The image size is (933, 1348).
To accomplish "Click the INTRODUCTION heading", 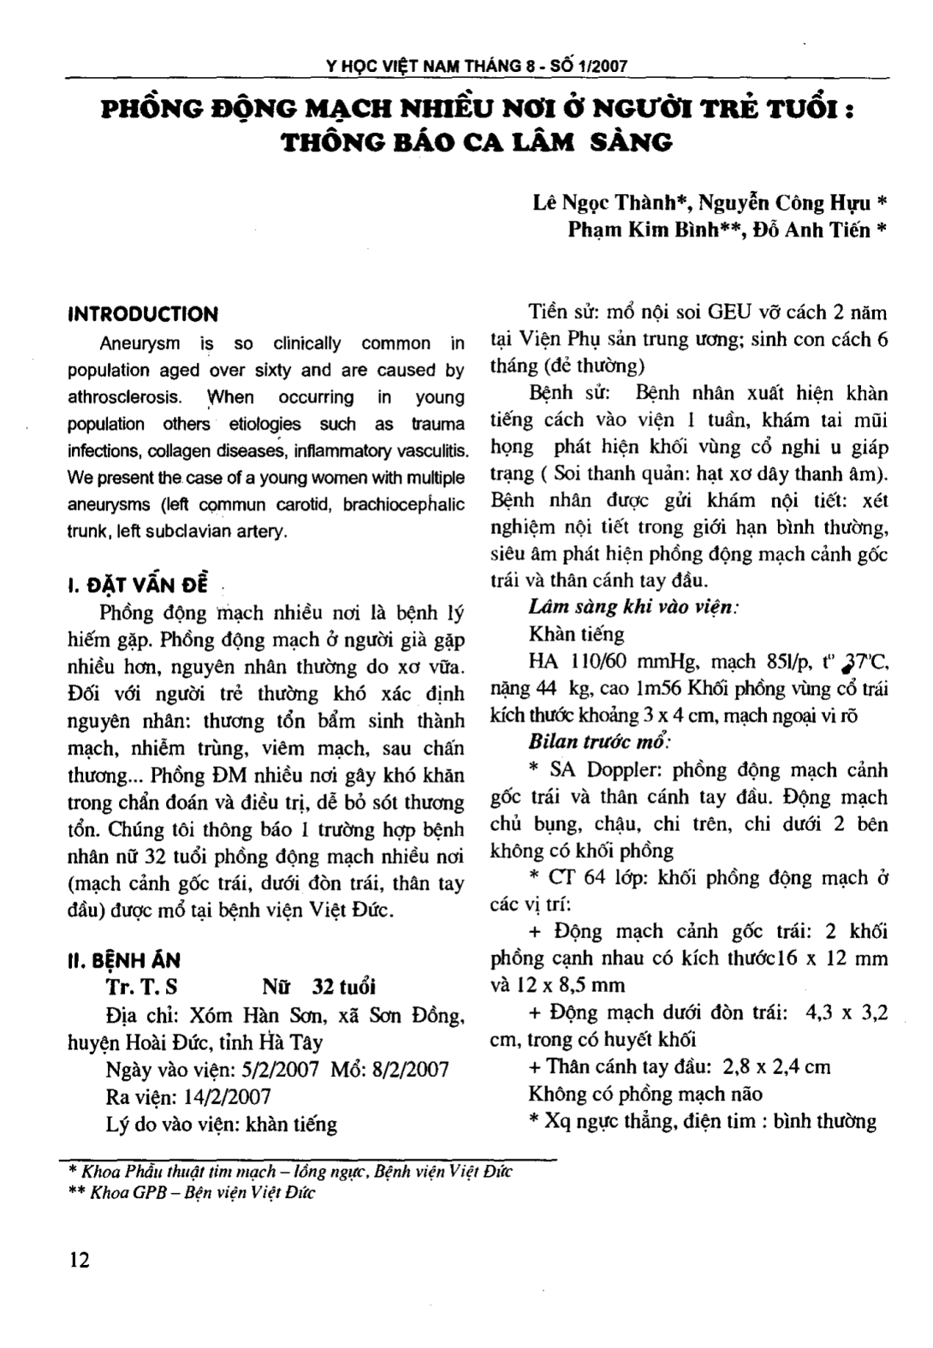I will click(x=143, y=314).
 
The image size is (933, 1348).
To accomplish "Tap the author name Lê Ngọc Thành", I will click(x=611, y=203).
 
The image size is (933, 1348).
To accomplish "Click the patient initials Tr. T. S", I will click(x=141, y=988).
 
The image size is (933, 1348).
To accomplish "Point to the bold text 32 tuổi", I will click(x=344, y=988).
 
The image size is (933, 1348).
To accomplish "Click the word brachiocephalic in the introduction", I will click(x=404, y=504).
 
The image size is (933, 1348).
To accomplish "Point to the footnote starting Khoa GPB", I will click(x=200, y=1192).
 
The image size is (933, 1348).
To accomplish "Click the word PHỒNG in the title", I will click(x=155, y=110).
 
